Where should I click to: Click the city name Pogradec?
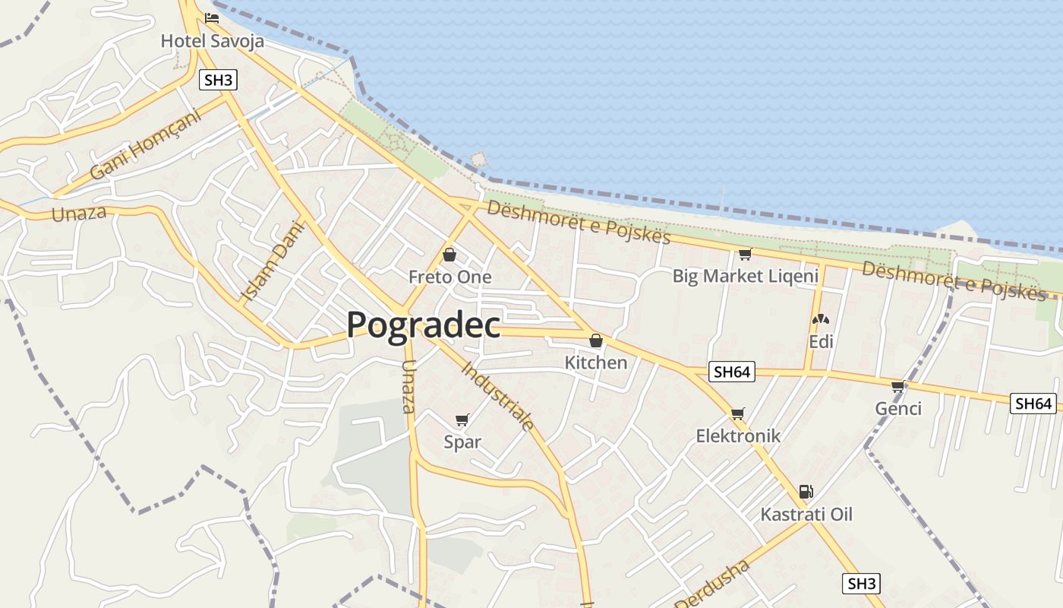tap(423, 325)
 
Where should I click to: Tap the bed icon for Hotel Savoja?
tap(212, 17)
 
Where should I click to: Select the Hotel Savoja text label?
tap(212, 40)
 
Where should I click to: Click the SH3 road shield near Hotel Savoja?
tap(218, 80)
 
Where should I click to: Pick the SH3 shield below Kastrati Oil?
tap(861, 584)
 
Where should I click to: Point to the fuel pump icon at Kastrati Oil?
tap(806, 492)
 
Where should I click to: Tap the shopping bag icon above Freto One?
tap(449, 255)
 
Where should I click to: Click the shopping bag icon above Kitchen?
tap(596, 340)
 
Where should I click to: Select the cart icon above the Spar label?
tap(462, 420)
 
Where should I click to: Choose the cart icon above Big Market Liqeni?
tap(745, 254)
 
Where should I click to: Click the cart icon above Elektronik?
tap(737, 414)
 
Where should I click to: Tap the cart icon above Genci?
tap(898, 387)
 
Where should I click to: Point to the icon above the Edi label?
tap(820, 320)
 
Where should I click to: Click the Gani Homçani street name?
tap(145, 145)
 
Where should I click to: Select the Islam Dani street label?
tap(271, 261)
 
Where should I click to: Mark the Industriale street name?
tap(498, 396)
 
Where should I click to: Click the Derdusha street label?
tap(713, 585)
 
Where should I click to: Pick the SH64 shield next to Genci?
tap(1033, 404)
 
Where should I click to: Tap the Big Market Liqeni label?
tap(745, 276)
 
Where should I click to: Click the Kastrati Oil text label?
tap(806, 515)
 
